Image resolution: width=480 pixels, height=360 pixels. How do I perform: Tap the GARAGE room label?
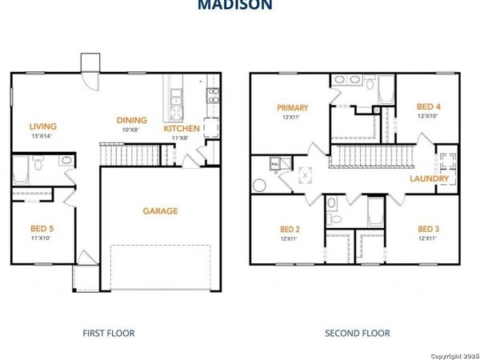coord(160,211)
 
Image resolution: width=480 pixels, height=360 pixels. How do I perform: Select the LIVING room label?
coord(42,126)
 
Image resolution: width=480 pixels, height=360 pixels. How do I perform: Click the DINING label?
coord(132,120)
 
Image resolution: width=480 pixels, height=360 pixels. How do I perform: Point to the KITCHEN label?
coord(182,128)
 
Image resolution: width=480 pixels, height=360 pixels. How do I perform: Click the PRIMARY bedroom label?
coord(293,107)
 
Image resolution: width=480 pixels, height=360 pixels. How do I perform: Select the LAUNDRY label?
coord(428,178)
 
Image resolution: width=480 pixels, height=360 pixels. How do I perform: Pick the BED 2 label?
coord(287,229)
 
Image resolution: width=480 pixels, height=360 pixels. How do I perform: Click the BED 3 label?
coord(429,229)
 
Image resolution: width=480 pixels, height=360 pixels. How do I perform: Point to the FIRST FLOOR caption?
coord(109,333)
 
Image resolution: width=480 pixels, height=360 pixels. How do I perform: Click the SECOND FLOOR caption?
coord(357,333)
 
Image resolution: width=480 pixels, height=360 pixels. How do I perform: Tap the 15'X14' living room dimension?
coord(42,136)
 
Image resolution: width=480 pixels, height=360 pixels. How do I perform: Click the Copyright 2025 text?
coord(452,353)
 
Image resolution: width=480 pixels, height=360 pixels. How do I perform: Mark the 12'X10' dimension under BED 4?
coord(429,117)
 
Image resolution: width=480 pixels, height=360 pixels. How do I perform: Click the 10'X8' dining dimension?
coord(130,130)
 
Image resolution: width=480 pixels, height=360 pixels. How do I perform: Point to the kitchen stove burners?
coord(213,95)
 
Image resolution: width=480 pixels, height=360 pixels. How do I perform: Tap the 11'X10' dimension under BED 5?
coord(40,238)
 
